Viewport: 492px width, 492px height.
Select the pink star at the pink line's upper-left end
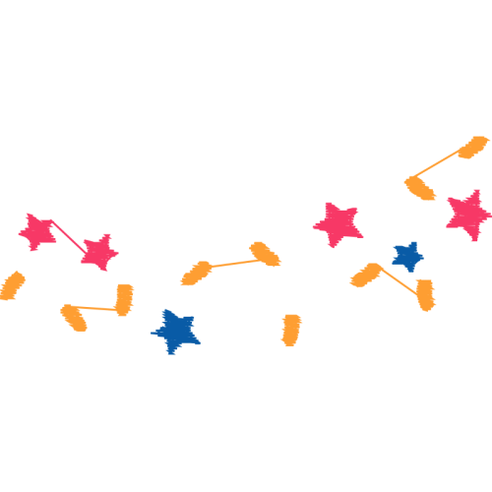[38, 232]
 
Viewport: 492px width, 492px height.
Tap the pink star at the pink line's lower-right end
[97, 252]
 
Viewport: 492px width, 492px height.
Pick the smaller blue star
[406, 257]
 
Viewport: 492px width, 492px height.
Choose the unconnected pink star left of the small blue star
[338, 224]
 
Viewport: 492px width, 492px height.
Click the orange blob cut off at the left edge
[12, 285]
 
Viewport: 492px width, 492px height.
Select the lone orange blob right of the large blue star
[291, 330]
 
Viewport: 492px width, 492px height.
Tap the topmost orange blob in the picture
[472, 149]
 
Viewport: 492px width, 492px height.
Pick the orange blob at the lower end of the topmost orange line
[420, 186]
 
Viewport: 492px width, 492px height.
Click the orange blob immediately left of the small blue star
[366, 276]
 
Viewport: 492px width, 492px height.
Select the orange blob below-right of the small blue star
[425, 294]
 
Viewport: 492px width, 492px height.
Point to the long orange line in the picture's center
[230, 263]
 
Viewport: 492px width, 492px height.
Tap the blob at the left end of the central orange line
[196, 273]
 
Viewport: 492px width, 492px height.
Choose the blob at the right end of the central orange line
[265, 254]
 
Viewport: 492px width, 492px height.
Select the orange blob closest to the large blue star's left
[124, 298]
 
